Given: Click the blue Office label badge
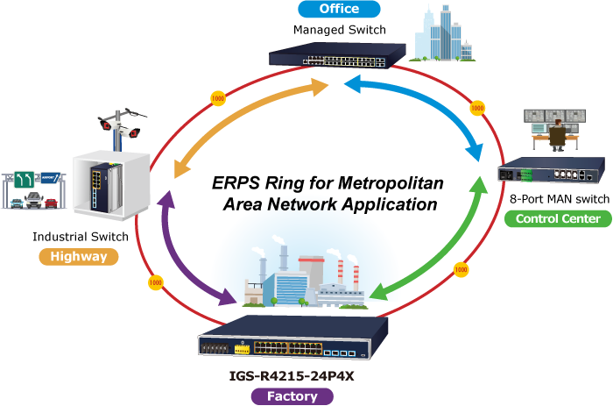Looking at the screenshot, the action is pyautogui.click(x=339, y=9).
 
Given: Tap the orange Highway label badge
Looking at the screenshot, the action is pyautogui.click(x=79, y=257).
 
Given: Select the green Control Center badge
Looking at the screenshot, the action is pyautogui.click(x=558, y=218).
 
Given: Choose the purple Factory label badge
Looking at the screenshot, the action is pyautogui.click(x=292, y=396).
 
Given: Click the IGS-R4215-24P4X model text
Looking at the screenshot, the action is pyautogui.click(x=292, y=376).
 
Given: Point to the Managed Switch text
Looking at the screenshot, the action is pyautogui.click(x=340, y=30).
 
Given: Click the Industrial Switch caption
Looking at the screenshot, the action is pyautogui.click(x=81, y=237).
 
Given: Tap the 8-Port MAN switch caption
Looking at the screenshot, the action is pyautogui.click(x=560, y=199).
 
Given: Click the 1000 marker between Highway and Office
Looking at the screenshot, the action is pyautogui.click(x=218, y=98).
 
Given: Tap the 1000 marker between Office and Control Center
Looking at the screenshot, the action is pyautogui.click(x=477, y=108).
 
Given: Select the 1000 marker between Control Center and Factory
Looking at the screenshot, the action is pyautogui.click(x=461, y=269).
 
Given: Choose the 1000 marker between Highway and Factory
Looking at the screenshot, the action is pyautogui.click(x=155, y=282).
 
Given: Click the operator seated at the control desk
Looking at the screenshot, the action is pyautogui.click(x=557, y=135).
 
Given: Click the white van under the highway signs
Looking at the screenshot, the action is pyautogui.click(x=34, y=200).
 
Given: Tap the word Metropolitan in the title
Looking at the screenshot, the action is pyautogui.click(x=391, y=183).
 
